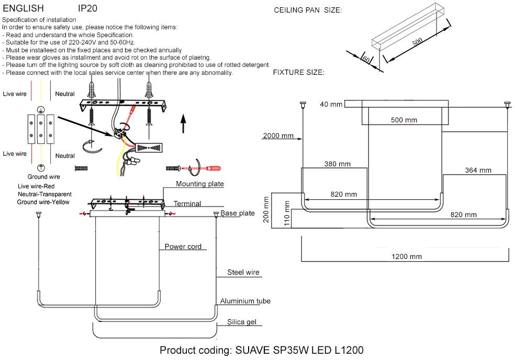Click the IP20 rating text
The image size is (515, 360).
tap(87, 9)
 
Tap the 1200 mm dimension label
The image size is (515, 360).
tap(407, 257)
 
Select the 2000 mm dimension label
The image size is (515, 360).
tap(278, 136)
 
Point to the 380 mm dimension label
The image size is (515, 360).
tap(337, 164)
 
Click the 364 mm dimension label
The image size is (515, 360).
tap(478, 170)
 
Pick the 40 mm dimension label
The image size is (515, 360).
tap(331, 105)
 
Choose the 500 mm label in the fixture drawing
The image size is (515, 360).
tap(404, 120)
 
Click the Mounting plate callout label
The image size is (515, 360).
tap(200, 184)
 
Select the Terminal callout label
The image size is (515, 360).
tap(187, 204)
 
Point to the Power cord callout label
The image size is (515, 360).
tap(183, 246)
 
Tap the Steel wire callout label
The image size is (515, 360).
tap(243, 272)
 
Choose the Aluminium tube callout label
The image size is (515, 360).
tap(245, 301)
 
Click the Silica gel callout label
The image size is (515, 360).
tap(241, 322)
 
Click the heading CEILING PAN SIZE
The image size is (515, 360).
tap(308, 10)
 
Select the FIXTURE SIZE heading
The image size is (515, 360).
tap(298, 72)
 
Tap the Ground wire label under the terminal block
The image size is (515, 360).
tap(44, 177)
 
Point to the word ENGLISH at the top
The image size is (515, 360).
tap(23, 9)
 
